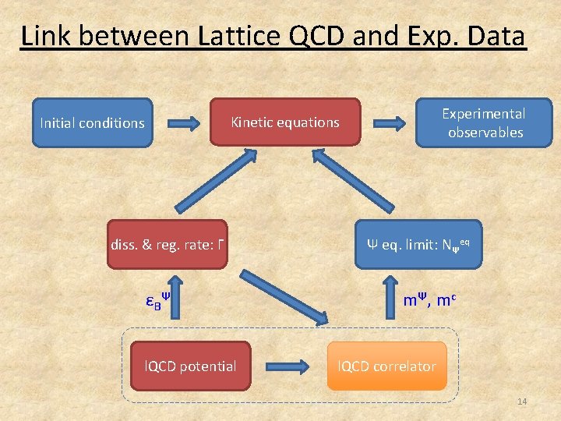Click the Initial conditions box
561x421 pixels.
click(92, 122)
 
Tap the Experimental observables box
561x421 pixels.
click(483, 122)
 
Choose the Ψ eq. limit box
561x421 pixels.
click(418, 245)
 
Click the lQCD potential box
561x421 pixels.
click(191, 366)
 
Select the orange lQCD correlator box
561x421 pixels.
click(387, 366)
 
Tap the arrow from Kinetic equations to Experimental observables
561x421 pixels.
click(388, 122)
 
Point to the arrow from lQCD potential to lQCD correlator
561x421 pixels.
click(288, 366)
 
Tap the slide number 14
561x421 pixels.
click(521, 402)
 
